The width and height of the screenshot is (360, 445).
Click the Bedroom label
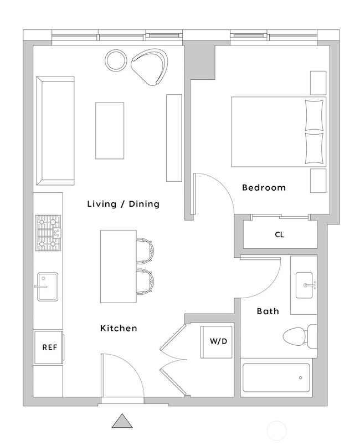(x=264, y=188)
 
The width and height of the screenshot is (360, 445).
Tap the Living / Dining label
(x=123, y=204)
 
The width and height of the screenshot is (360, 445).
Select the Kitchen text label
(x=118, y=329)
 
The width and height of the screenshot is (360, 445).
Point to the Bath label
(x=268, y=311)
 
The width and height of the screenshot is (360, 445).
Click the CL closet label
(x=279, y=235)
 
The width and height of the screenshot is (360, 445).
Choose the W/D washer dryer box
(x=218, y=341)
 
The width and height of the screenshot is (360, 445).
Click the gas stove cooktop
(x=48, y=233)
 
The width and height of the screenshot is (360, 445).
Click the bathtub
(x=277, y=378)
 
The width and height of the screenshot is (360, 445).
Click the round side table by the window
(x=116, y=60)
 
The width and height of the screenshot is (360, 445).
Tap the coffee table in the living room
(x=110, y=130)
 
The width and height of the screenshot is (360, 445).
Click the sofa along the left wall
(x=55, y=130)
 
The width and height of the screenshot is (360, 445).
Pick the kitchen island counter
(x=118, y=267)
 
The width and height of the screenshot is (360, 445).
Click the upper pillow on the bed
(x=314, y=115)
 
